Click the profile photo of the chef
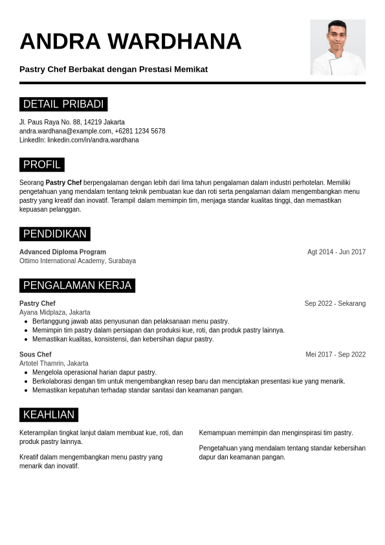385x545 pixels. click(x=338, y=47)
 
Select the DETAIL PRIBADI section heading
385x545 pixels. click(x=63, y=104)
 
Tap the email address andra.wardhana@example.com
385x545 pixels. click(x=65, y=131)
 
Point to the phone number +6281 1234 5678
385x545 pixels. click(x=140, y=131)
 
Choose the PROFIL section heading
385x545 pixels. click(x=42, y=165)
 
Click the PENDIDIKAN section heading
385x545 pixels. click(x=55, y=234)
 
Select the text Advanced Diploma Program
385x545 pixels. click(x=63, y=252)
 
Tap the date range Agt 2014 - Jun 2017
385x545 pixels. click(x=336, y=252)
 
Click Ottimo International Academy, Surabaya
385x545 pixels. click(x=78, y=261)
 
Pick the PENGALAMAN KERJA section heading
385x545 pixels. click(x=77, y=286)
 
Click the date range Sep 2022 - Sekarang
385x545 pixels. click(x=335, y=303)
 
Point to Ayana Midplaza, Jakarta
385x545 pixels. click(x=55, y=312)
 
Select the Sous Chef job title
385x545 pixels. click(x=36, y=354)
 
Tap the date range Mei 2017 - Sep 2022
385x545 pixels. click(x=336, y=354)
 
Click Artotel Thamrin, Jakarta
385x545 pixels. click(x=54, y=364)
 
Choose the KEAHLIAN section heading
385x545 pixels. click(x=49, y=415)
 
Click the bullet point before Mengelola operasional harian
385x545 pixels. click(x=26, y=373)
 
